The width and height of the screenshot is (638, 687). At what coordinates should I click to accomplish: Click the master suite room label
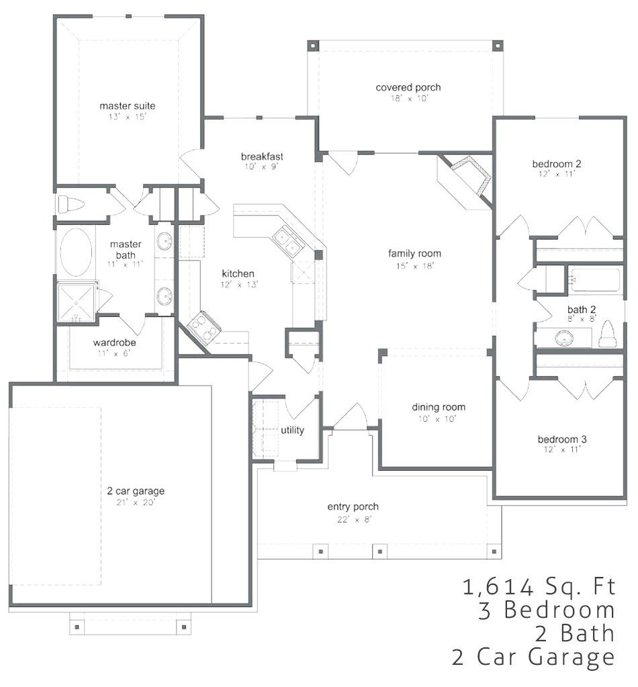[x=127, y=105]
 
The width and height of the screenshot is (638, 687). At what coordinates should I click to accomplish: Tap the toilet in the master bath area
[x=70, y=204]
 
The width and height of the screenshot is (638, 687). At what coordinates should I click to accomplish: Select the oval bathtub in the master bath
[x=76, y=253]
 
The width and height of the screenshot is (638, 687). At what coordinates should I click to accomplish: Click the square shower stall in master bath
[x=77, y=303]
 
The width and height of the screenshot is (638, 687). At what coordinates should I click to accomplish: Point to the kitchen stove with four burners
[x=203, y=327]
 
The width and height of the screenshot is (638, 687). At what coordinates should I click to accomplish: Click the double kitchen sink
[x=287, y=240]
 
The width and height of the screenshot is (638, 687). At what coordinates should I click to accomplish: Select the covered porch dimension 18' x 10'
[x=408, y=99]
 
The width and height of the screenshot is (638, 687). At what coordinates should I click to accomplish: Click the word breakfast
[x=262, y=156]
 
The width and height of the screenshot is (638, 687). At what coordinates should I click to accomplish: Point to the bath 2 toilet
[x=607, y=334]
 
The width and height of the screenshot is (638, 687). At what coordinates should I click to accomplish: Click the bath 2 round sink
[x=564, y=338]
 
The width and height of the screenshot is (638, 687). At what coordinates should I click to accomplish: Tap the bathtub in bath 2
[x=594, y=280]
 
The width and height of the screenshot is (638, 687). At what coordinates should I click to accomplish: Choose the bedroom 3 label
[x=562, y=439]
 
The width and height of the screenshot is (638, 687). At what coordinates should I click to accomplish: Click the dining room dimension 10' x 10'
[x=437, y=419]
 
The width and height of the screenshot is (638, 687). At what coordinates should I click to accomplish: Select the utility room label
[x=292, y=430]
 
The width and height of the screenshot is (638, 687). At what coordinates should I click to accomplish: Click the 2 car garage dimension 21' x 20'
[x=136, y=502]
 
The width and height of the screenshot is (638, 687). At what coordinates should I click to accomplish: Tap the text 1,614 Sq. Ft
[x=539, y=586]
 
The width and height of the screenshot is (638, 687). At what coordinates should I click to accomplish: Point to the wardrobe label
[x=114, y=342]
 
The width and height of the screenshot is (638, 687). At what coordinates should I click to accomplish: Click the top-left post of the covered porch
[x=313, y=46]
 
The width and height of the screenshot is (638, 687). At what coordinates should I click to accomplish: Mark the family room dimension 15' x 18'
[x=414, y=266]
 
